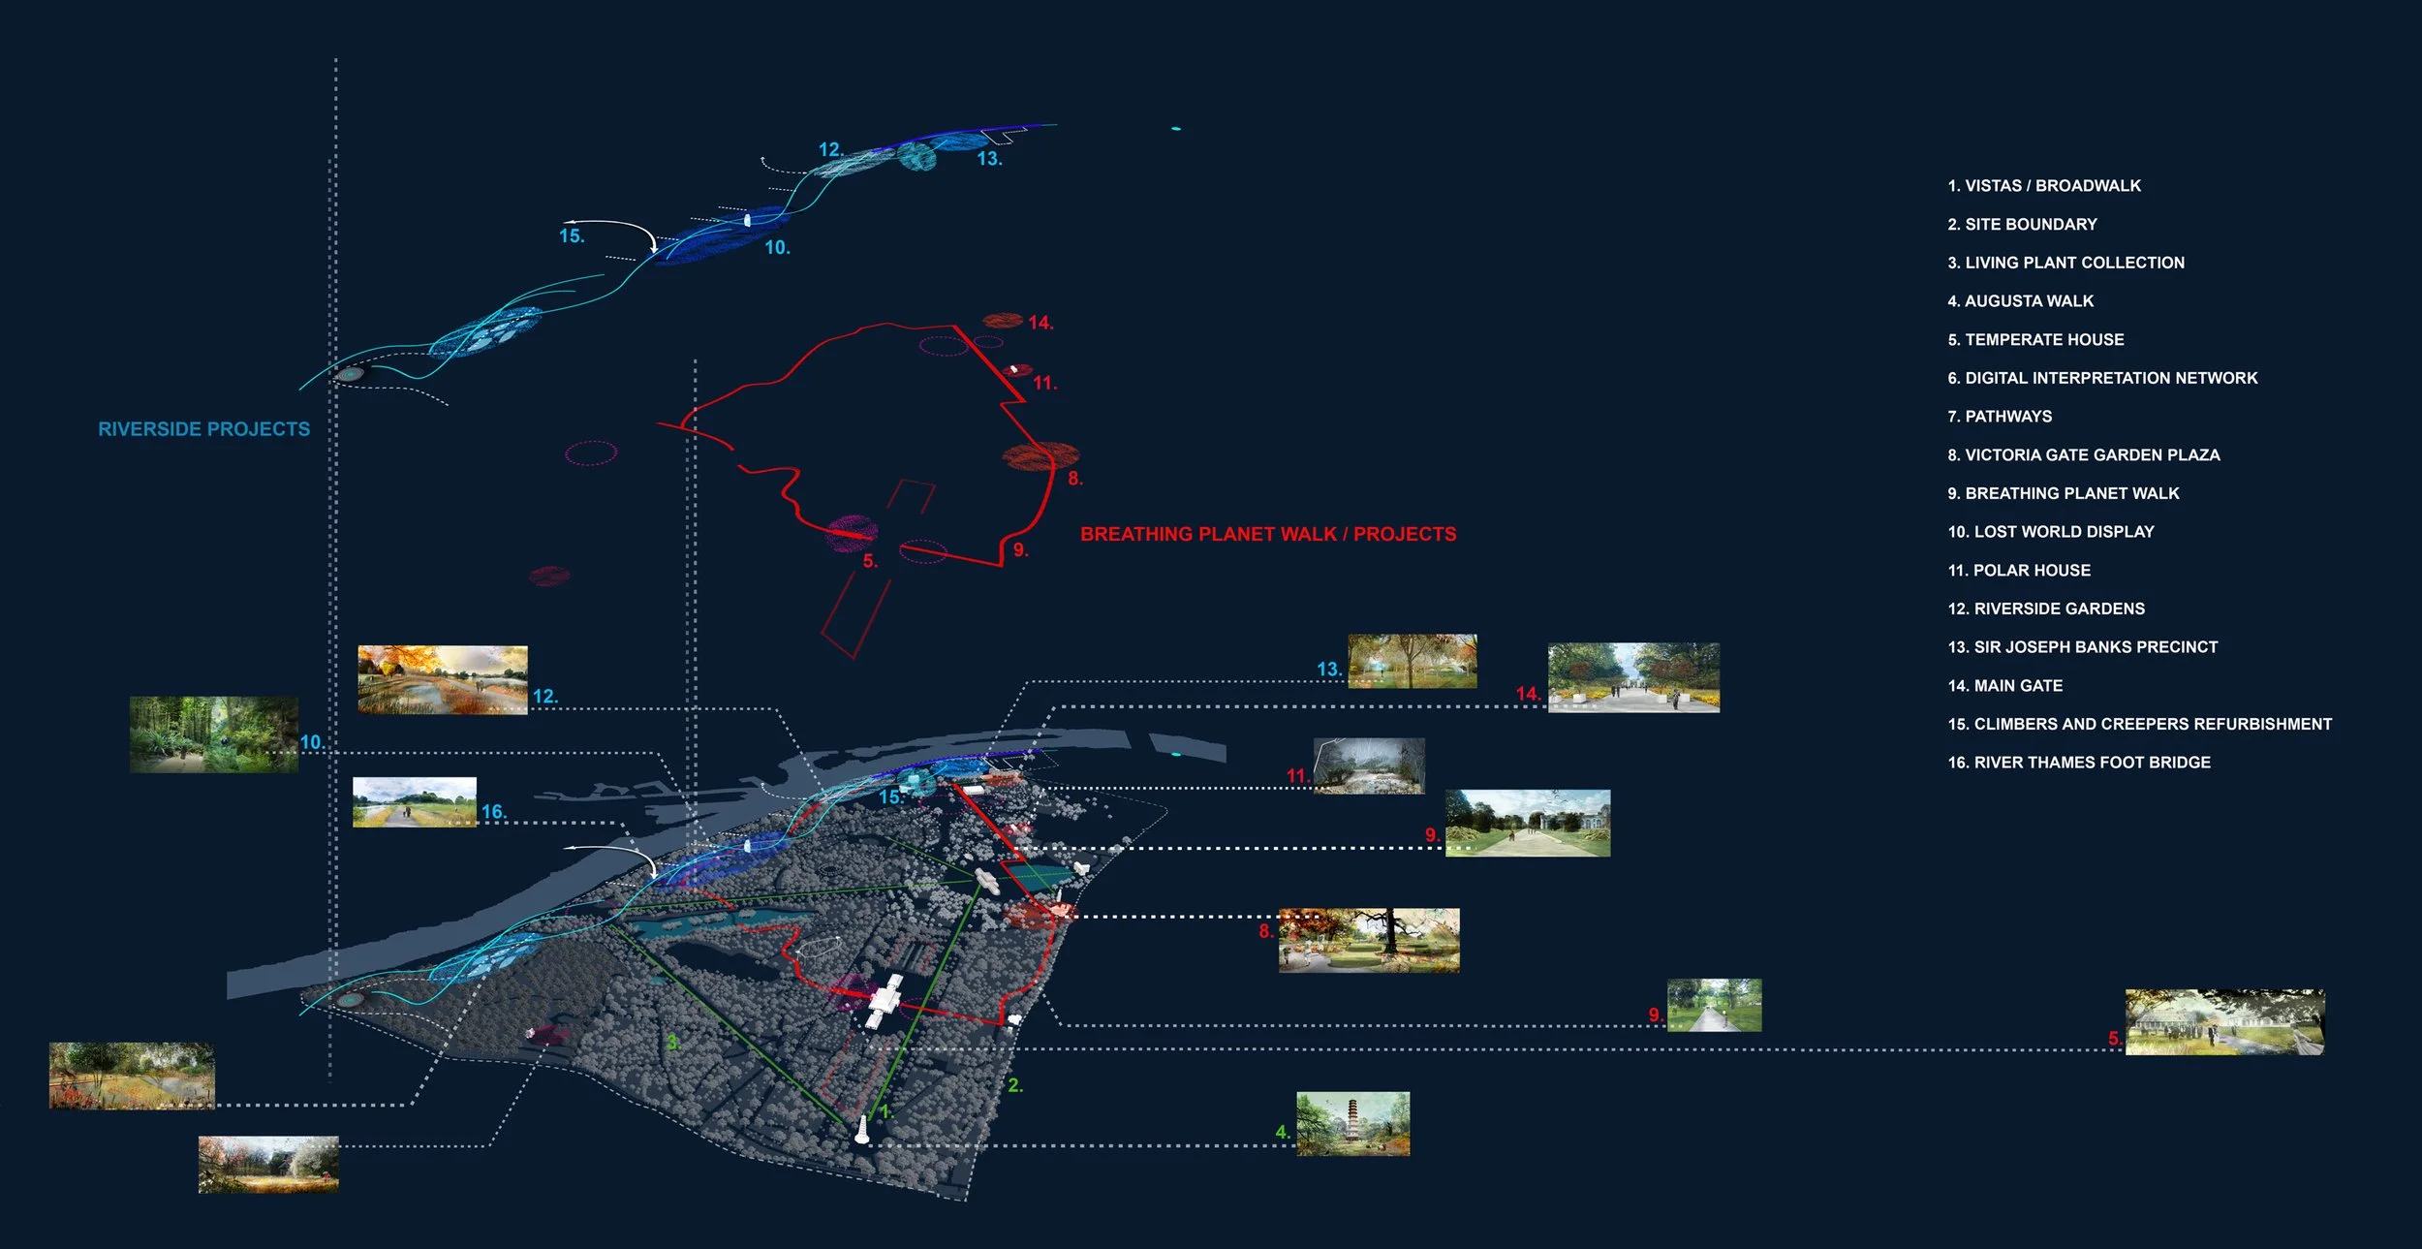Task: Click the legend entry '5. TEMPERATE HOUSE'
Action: (2035, 340)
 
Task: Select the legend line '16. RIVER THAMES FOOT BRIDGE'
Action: (2079, 763)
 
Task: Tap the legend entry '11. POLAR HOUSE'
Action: (2019, 571)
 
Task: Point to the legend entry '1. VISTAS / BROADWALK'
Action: (2044, 186)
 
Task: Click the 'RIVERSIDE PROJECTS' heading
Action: (203, 429)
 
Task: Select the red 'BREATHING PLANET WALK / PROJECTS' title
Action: (1268, 534)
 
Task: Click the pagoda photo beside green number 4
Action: (1352, 1124)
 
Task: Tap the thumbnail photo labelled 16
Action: (414, 801)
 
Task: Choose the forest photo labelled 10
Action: (214, 734)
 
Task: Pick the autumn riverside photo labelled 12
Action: (443, 680)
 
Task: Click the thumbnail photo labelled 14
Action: (1633, 677)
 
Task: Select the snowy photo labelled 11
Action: (1369, 766)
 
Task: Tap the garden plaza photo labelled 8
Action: (1369, 940)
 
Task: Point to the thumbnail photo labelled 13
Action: (1413, 661)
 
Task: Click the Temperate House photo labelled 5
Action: (2224, 1022)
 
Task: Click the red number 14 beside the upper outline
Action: (1040, 323)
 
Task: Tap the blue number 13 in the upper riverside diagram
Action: (988, 159)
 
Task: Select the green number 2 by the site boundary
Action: (1014, 1085)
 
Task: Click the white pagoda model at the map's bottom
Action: (862, 1130)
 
